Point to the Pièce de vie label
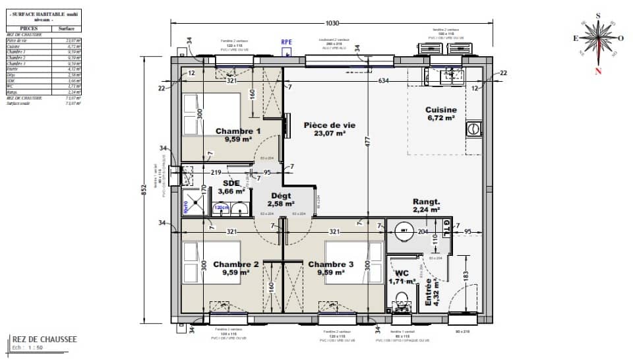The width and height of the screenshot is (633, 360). tap(330, 125)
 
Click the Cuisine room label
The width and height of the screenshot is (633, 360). tap(441, 110)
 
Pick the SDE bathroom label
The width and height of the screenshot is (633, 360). tap(231, 183)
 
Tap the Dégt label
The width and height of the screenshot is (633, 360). tap(280, 196)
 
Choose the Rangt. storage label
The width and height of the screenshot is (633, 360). tap(426, 202)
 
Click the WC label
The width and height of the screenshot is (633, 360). tap(402, 273)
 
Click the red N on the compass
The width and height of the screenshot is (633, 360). tap(597, 71)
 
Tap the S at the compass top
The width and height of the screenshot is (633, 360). tap(597, 15)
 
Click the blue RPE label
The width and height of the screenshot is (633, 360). tap(286, 42)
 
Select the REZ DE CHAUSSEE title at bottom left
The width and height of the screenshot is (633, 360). tap(45, 340)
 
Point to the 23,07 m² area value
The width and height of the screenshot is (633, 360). tap(330, 133)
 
